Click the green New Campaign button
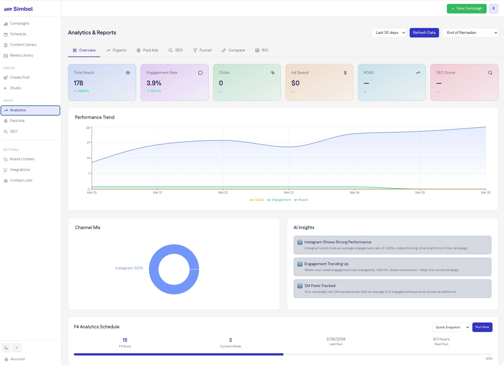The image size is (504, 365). [x=466, y=8]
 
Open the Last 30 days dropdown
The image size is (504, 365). [x=388, y=32]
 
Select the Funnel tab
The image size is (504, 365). [x=202, y=50]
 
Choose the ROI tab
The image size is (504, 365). [x=262, y=50]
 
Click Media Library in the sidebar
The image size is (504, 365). [x=21, y=55]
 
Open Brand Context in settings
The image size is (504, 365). [x=22, y=159]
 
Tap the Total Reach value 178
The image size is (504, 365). [x=78, y=83]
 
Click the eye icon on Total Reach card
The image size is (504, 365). [x=128, y=73]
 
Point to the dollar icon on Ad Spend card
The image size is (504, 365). [x=345, y=73]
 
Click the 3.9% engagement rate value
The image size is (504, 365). [x=154, y=83]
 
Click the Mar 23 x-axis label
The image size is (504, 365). [x=289, y=192]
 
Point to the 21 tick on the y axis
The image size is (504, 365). [x=88, y=142]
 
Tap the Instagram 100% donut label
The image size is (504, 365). [x=129, y=268]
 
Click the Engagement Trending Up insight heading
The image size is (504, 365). [x=326, y=264]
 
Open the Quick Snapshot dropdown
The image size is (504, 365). [x=451, y=327]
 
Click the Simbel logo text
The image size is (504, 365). [x=23, y=9]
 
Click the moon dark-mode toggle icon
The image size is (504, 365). [x=6, y=348]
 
